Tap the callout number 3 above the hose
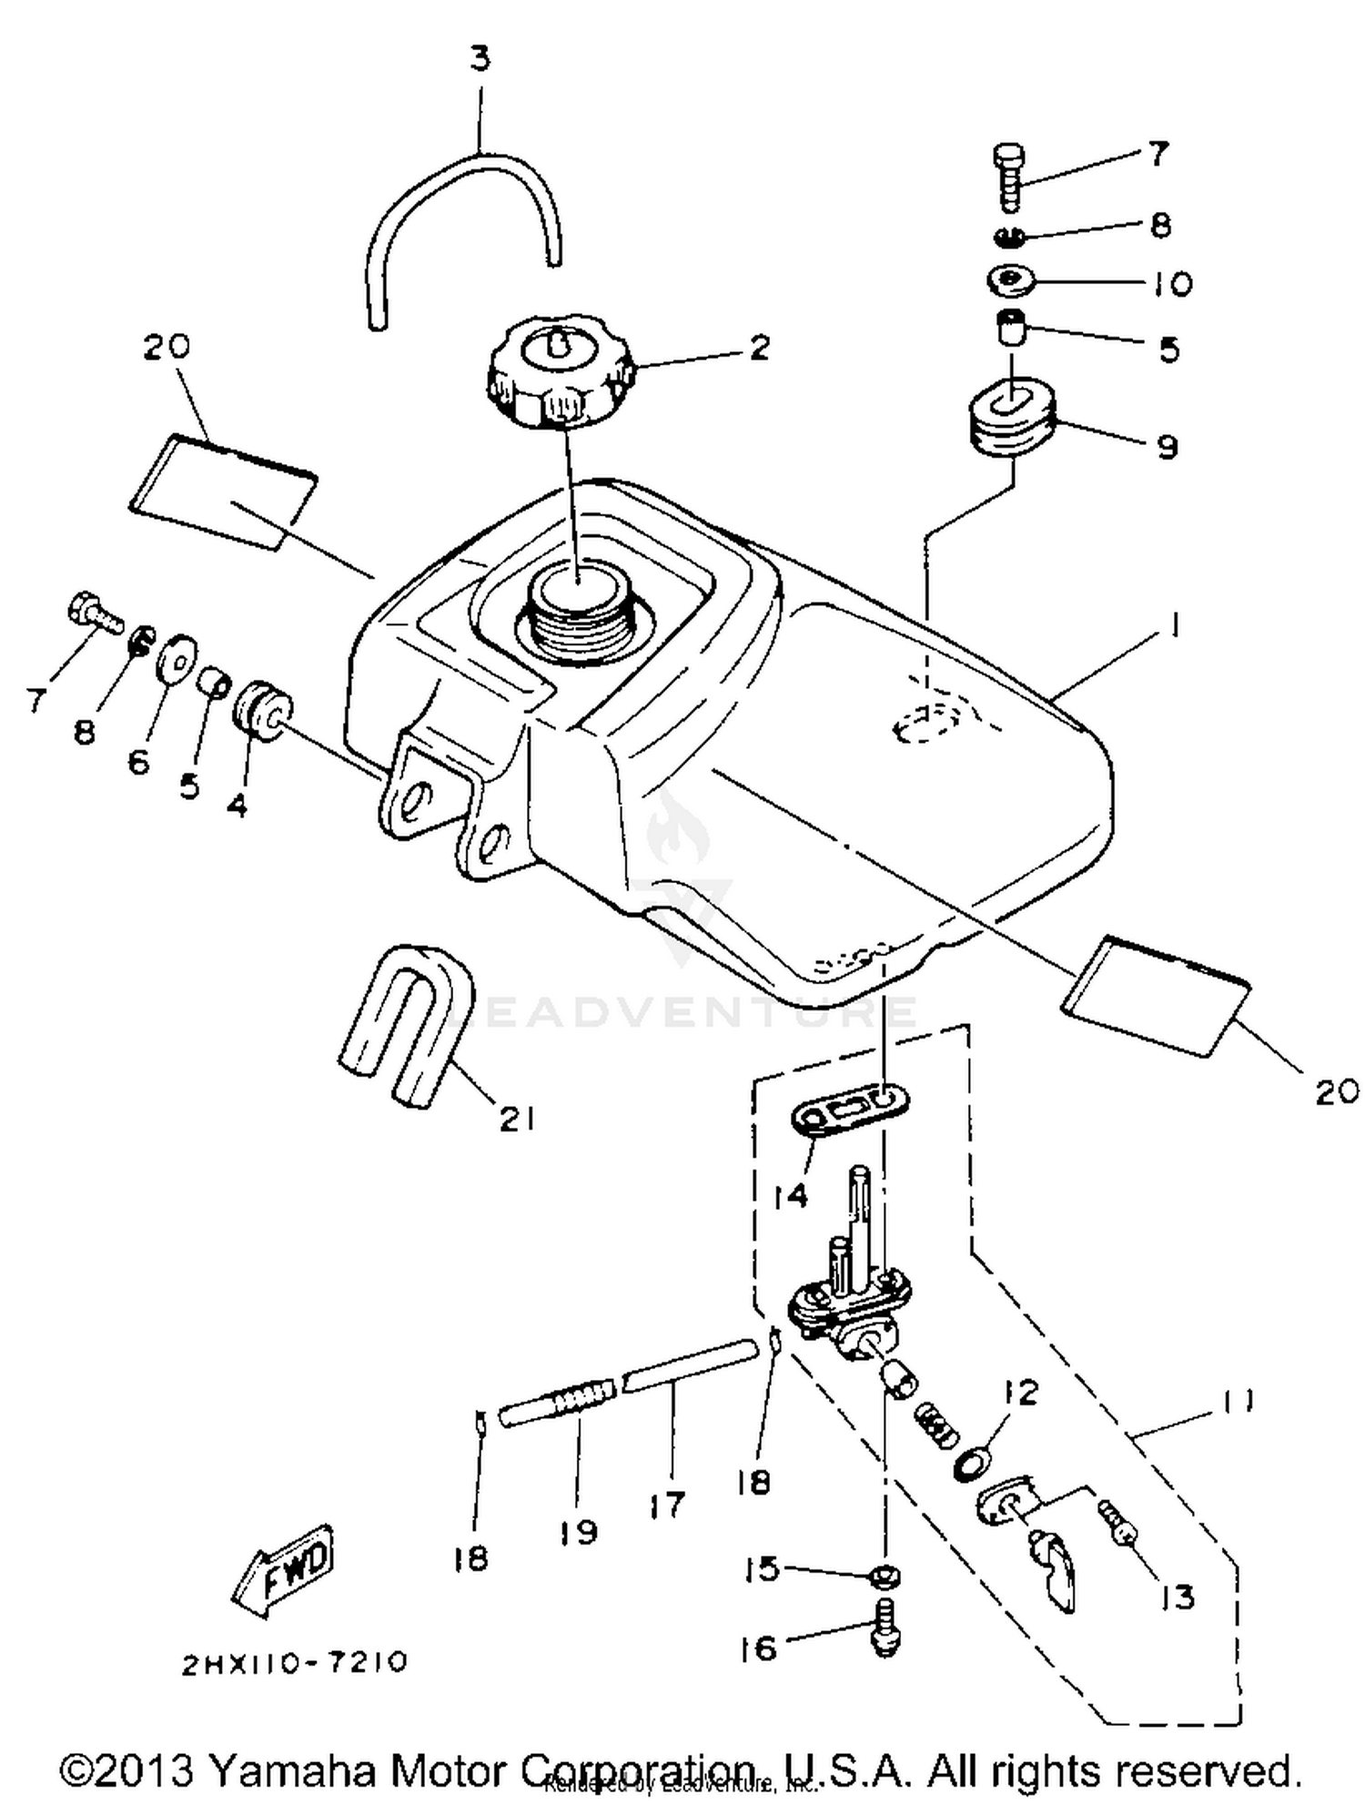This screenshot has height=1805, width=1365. (x=480, y=59)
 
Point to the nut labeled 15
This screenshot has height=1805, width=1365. (x=885, y=1577)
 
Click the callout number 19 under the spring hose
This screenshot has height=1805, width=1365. (x=579, y=1532)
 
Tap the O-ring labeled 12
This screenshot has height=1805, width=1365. (x=971, y=1465)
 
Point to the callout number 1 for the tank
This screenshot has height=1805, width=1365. (x=1175, y=625)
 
